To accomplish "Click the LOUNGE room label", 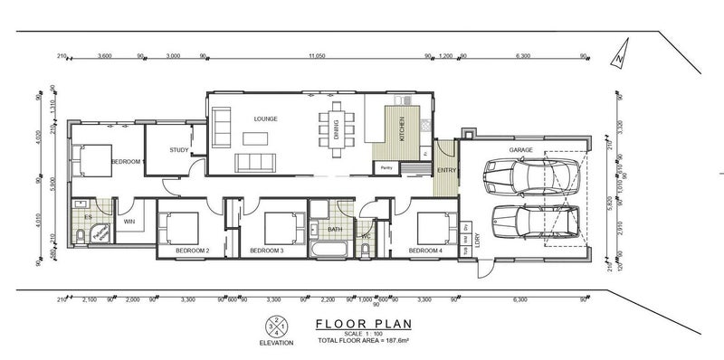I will (x=265, y=118).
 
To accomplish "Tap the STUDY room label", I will (x=178, y=151).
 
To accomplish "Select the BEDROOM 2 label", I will (x=193, y=250).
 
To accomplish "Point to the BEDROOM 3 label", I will (x=268, y=250).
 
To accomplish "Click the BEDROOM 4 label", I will (x=425, y=250).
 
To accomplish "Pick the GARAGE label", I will (x=519, y=149).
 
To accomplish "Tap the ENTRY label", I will (x=446, y=170).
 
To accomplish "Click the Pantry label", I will (x=386, y=167).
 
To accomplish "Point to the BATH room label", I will (x=335, y=229).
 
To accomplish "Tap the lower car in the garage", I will (x=534, y=220).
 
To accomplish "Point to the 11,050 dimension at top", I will (x=317, y=56).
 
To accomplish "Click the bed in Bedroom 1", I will (x=92, y=160).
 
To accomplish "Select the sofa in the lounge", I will (x=255, y=162).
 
